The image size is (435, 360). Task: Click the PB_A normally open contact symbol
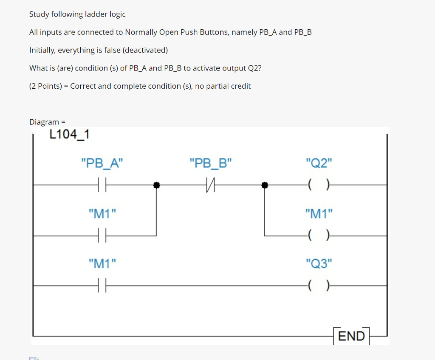point(102,185)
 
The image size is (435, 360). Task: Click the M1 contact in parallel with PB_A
point(102,236)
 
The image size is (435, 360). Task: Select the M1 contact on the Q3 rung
point(102,286)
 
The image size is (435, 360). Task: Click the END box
point(351,336)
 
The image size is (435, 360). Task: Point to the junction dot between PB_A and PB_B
point(156,185)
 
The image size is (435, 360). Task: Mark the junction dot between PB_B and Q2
point(265,185)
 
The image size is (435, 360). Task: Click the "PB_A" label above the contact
point(102,163)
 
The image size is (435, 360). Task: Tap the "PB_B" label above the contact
point(211,163)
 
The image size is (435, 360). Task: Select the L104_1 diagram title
point(69,135)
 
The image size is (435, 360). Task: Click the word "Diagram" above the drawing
point(44,122)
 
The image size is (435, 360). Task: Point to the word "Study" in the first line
point(39,14)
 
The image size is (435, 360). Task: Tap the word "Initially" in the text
point(42,50)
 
